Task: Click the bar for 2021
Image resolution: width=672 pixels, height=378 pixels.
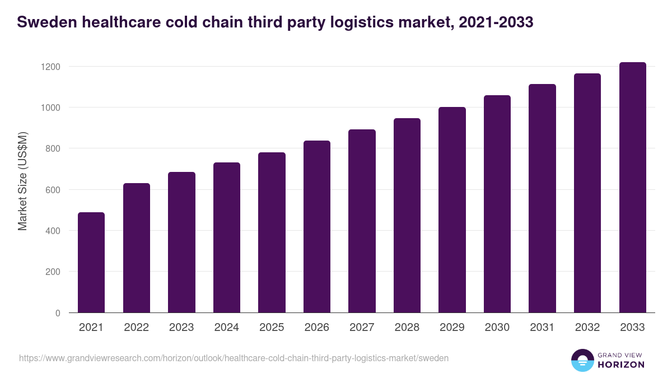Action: pos(91,263)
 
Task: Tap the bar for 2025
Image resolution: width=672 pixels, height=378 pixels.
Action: pos(272,232)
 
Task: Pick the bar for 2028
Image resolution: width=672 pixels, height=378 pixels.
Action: pos(407,216)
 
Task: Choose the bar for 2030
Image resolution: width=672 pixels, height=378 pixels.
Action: pos(497,204)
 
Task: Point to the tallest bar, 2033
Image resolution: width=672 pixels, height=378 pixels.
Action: pos(632,188)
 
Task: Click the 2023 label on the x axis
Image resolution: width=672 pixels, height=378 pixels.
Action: pos(181,328)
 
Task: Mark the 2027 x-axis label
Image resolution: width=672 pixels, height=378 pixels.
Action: pos(362,328)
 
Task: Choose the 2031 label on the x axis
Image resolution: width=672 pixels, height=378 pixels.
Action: pos(542,328)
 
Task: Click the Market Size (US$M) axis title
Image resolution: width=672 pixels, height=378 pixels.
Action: pos(23,181)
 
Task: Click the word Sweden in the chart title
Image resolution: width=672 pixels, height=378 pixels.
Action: pos(45,22)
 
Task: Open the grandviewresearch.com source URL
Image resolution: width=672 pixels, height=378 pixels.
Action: pos(234,358)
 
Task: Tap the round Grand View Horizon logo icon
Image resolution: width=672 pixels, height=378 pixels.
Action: pos(582,360)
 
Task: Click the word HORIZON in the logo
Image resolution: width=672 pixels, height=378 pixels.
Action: pos(620,365)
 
